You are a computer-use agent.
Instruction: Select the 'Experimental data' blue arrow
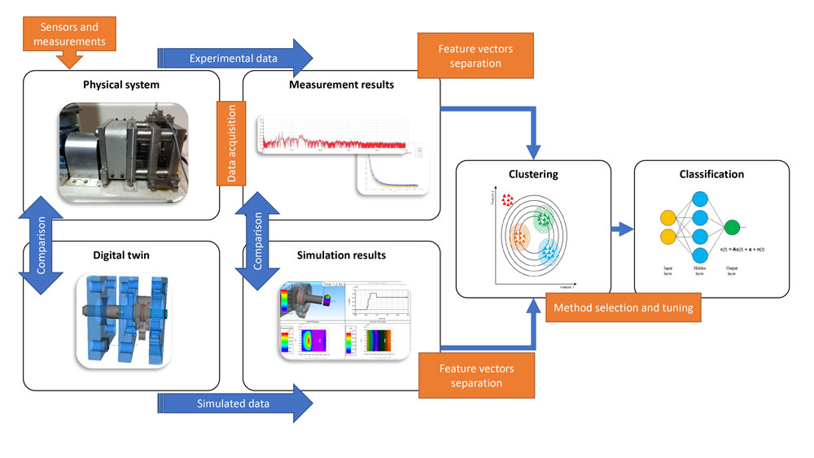pos(234,58)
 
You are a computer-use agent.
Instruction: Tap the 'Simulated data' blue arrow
pos(234,403)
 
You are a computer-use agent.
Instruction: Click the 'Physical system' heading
pos(121,85)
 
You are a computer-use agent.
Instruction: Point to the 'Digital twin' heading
pos(121,255)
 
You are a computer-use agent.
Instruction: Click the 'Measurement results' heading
pos(341,85)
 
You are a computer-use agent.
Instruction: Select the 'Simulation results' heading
pos(341,255)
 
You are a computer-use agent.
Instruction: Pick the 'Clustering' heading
pos(532,174)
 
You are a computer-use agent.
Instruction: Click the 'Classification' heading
pos(711,174)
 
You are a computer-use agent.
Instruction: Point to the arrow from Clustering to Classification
pos(622,229)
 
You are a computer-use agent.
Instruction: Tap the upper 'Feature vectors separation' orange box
pos(475,55)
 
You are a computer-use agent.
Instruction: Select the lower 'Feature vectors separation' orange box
pos(475,375)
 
